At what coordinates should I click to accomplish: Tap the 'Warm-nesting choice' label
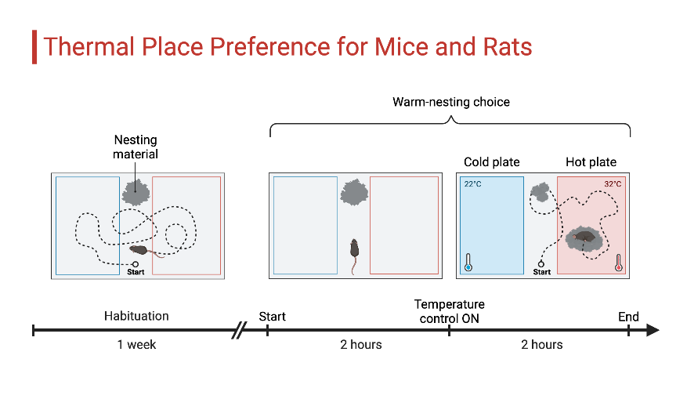(450, 102)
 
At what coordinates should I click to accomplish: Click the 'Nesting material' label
(136, 147)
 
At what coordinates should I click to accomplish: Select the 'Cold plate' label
(491, 162)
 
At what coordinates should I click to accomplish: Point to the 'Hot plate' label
(591, 162)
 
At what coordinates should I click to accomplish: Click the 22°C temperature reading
(472, 184)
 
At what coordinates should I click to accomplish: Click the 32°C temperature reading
(613, 184)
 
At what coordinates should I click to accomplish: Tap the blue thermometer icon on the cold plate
(468, 262)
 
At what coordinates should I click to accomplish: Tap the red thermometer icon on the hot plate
(618, 262)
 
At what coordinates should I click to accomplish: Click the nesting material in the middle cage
(354, 191)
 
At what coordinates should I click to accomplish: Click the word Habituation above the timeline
(136, 317)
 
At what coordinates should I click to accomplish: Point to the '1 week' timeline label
(136, 344)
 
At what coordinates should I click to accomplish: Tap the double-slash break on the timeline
(238, 331)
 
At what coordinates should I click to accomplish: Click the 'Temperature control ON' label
(450, 311)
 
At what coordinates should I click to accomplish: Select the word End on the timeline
(628, 317)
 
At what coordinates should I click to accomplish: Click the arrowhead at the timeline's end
(653, 331)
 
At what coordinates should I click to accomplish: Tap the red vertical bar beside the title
(34, 46)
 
